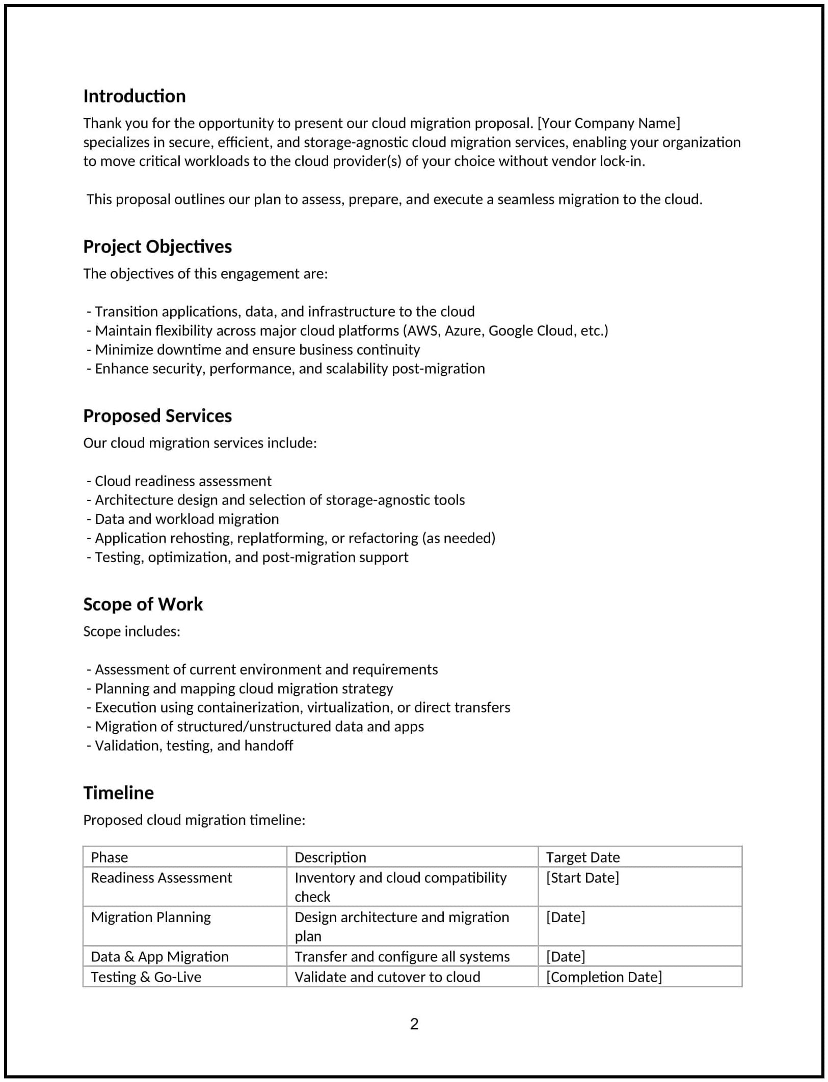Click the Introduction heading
tap(135, 96)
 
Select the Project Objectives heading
tap(157, 246)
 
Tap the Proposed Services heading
tap(157, 416)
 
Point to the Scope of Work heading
tap(143, 604)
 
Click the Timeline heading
tap(118, 793)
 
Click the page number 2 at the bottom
tap(414, 1024)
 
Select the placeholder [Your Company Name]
tap(608, 123)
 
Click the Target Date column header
tap(582, 857)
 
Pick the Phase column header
tap(109, 857)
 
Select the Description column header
tap(330, 857)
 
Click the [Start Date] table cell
tap(582, 878)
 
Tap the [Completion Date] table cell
tap(604, 977)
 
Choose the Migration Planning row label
tap(151, 918)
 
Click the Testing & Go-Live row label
tap(146, 977)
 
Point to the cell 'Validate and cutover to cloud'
tap(387, 977)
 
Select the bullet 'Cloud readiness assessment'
tap(183, 481)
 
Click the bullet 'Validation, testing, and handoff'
tap(194, 746)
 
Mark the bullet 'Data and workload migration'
tap(186, 519)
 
